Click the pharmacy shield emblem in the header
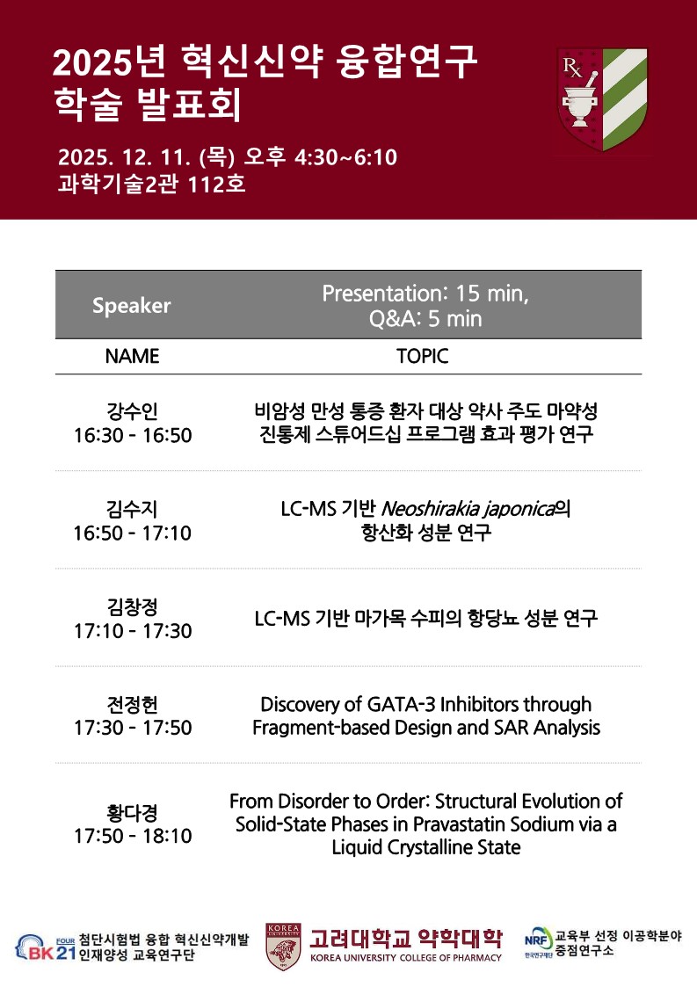point(603,99)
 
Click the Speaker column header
point(132,305)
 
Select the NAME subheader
point(132,356)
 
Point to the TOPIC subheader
point(423,356)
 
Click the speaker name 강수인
point(132,411)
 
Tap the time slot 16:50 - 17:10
point(132,533)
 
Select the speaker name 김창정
point(132,606)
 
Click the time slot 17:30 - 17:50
point(133,728)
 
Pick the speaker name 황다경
point(132,813)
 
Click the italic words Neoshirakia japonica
point(468,509)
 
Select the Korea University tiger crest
point(283,947)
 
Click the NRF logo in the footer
point(539,941)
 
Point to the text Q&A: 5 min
point(425,318)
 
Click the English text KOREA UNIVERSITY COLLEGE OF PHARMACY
point(405,958)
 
